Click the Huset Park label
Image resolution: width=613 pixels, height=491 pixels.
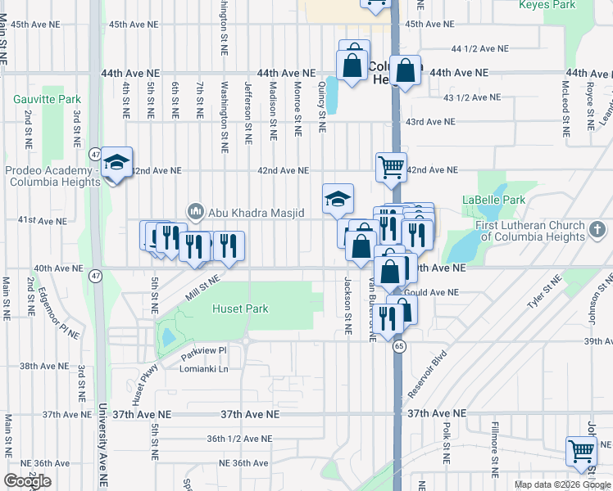point(240,309)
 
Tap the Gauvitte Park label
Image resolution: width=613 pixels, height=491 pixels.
point(39,98)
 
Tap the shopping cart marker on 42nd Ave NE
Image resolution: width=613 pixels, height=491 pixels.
point(391,167)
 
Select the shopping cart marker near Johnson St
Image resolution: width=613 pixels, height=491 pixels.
point(581,451)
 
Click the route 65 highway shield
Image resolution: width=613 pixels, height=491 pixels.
point(399,347)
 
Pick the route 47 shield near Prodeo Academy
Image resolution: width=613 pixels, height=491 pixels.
point(96,154)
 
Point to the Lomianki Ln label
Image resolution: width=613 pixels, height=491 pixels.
point(204,369)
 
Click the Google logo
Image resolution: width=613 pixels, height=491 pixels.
point(27,481)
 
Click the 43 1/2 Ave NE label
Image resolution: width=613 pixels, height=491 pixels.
point(471,97)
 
